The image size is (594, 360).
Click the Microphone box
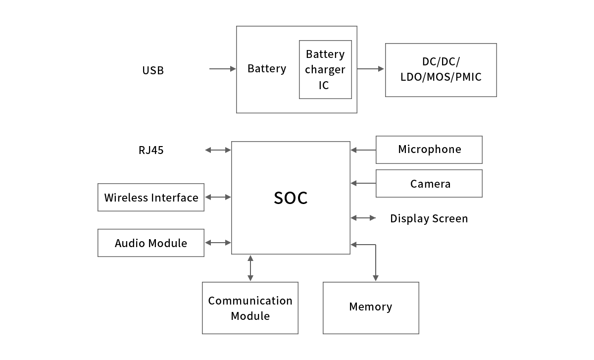[429, 150]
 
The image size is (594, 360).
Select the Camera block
[429, 183]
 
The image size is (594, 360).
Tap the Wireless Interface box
[151, 197]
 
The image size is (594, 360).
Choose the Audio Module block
[151, 243]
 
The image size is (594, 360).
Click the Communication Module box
[250, 308]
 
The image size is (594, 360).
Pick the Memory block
[371, 308]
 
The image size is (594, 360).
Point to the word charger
[325, 70]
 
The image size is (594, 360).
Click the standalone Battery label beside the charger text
[266, 68]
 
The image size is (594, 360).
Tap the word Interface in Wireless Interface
[175, 198]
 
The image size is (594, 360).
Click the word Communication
[250, 301]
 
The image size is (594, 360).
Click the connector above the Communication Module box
[250, 268]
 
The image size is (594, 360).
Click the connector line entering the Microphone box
[365, 150]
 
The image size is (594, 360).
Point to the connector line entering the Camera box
[365, 183]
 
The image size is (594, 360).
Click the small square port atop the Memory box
[375, 278]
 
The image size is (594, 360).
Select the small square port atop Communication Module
[250, 278]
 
